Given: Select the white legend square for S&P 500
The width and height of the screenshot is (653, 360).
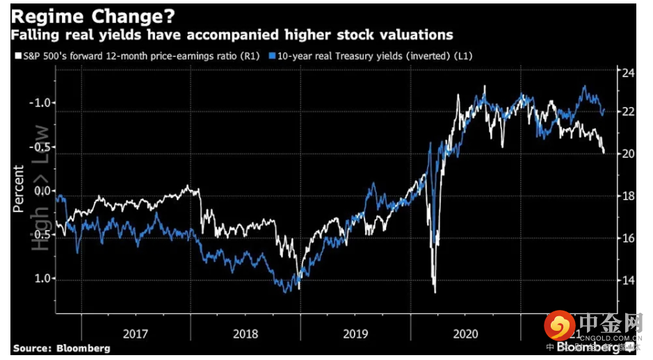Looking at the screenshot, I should point(15,56).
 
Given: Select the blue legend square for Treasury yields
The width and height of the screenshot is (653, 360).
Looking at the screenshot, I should point(273,56).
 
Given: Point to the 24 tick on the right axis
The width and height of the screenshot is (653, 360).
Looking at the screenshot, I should point(627,73).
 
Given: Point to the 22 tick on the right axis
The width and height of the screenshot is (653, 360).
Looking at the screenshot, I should point(627,112).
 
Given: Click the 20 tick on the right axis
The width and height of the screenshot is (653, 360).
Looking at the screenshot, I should point(627,154).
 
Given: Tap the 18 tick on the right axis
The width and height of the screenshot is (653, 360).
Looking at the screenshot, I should point(627,196).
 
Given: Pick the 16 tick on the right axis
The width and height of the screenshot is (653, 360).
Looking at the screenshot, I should point(627,238).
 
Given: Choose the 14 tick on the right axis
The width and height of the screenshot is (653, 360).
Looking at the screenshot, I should point(627,280).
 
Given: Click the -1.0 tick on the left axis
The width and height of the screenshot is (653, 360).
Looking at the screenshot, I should point(40,103).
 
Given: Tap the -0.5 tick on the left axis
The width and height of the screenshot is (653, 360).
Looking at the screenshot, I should point(40,147).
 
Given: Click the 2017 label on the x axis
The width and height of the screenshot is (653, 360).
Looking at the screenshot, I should point(136,334).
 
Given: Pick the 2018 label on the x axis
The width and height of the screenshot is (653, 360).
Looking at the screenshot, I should point(245,334).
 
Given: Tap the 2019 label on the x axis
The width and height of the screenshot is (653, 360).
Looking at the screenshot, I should point(355,334).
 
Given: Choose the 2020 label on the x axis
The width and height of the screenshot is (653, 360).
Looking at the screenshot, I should point(465,334).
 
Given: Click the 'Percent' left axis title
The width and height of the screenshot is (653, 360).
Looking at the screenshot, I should point(18,189).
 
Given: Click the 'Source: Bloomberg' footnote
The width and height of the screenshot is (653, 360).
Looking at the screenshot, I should point(61,348).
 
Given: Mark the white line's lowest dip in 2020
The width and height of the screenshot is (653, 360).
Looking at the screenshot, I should point(435,292).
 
